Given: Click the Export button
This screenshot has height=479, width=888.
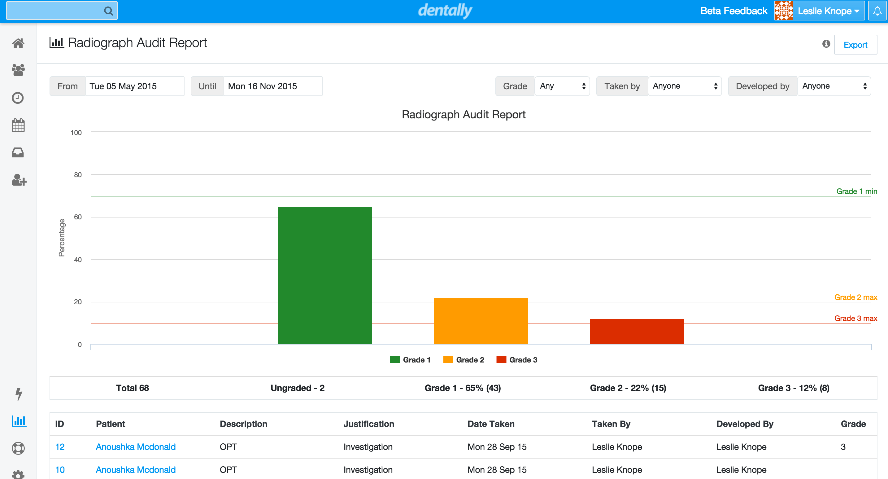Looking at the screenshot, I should coord(855,45).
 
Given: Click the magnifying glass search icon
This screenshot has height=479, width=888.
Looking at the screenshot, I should coord(108,11).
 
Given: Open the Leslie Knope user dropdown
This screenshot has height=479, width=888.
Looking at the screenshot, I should coord(827,11).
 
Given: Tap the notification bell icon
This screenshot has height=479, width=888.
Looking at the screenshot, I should coord(877,11).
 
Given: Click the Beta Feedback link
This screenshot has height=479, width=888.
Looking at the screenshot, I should coord(733,11).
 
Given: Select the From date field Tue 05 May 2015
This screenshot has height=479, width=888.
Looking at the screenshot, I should coord(134,86).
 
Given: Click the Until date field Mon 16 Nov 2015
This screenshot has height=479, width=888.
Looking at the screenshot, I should coord(272,86).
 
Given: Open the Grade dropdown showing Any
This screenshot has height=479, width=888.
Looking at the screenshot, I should coord(562,86).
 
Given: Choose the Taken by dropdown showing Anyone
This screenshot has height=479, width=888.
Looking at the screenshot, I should coord(684,86).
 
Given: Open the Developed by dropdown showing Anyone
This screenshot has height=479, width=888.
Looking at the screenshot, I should coord(834,86).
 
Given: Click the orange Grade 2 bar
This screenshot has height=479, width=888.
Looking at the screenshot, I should coord(481,321).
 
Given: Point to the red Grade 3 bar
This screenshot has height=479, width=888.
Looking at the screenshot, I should coord(637,332).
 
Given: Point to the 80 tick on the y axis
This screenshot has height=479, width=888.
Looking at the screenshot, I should coord(78,175).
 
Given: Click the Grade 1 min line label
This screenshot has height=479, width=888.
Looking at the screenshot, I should coord(856,191).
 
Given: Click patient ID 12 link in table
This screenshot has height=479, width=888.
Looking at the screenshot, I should coord(60,447).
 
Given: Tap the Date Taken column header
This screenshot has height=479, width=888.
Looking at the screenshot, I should coord(490,424).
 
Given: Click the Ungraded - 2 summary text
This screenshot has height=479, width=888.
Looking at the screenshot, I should coord(298,388).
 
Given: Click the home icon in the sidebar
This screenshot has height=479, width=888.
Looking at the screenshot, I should coord(18,43).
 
